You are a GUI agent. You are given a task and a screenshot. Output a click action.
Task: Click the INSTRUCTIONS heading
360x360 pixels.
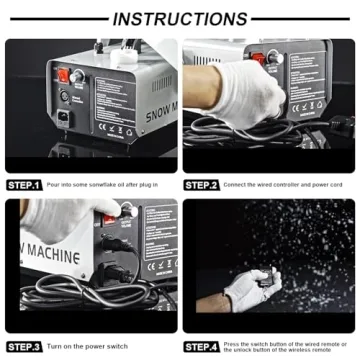pos(180,19)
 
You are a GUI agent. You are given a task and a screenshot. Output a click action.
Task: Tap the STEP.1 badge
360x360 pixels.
pos(24,185)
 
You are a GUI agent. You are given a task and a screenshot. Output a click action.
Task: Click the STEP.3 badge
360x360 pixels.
pos(24,346)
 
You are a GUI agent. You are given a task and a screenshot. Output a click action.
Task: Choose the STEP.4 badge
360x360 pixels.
pos(202,346)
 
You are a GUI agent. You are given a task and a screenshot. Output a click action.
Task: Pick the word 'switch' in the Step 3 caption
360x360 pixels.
pos(113,346)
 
